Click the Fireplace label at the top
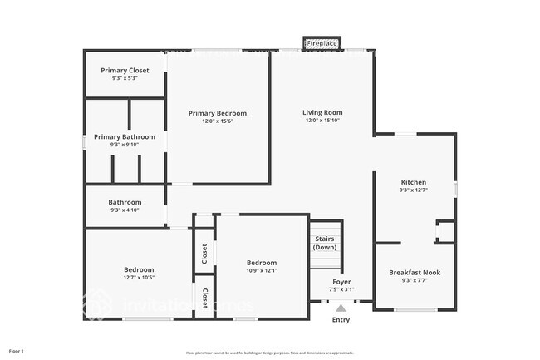[x=322, y=42]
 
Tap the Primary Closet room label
[x=125, y=71]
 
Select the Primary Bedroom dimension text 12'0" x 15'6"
[x=218, y=121]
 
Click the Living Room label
[x=322, y=112]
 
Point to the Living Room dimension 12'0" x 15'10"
[x=322, y=121]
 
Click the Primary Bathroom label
[x=125, y=136]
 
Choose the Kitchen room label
[x=414, y=182]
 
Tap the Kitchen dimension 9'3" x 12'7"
[x=414, y=190]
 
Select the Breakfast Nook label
[x=415, y=272]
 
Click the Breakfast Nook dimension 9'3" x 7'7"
[x=415, y=280]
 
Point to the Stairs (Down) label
[x=325, y=243]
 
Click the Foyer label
[x=341, y=282]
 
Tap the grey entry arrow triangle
[x=341, y=308]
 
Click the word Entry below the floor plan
[x=341, y=320]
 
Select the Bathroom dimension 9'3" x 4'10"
[x=125, y=210]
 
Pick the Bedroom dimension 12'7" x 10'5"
[x=139, y=279]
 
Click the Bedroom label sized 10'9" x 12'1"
[x=262, y=263]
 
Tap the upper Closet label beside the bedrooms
[x=204, y=254]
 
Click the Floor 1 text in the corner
[x=17, y=352]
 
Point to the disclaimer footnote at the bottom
[x=269, y=352]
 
